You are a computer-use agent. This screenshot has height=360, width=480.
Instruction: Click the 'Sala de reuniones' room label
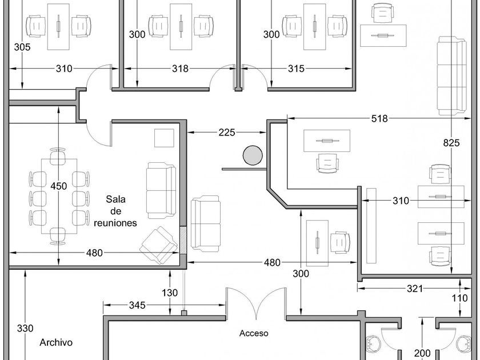[x=115, y=211]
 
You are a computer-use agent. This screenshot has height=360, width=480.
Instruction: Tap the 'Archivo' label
[x=56, y=342]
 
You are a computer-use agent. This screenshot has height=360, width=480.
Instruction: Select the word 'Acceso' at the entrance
[x=254, y=333]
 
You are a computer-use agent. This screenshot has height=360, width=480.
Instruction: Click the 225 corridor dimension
[x=226, y=132]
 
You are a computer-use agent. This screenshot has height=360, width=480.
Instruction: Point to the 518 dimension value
[x=379, y=118]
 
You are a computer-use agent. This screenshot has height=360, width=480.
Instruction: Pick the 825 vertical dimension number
[x=451, y=143]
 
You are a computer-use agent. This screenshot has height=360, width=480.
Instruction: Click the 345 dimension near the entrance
[x=137, y=305]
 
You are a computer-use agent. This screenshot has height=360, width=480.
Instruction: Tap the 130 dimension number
[x=170, y=293]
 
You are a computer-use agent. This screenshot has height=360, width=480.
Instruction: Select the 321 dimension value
[x=414, y=289]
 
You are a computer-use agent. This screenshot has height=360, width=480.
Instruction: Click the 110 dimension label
[x=460, y=298]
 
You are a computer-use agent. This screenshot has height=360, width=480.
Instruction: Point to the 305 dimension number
[x=22, y=47]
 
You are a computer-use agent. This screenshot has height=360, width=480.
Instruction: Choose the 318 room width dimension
[x=180, y=68]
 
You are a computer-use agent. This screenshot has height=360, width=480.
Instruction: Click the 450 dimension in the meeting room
[x=58, y=186]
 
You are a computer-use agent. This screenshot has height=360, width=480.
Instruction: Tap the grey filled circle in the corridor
[x=253, y=155]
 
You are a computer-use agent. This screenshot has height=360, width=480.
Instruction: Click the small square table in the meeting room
[x=164, y=138]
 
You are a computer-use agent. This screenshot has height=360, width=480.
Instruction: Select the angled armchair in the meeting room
[x=159, y=245]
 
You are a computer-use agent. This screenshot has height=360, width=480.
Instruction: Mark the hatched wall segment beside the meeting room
[x=183, y=240]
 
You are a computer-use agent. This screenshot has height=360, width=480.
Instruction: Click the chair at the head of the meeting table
[x=58, y=157]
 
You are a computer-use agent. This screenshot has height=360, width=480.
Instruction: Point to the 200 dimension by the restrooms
[x=422, y=353]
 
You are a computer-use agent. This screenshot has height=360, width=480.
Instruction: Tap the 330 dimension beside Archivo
[x=25, y=328]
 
